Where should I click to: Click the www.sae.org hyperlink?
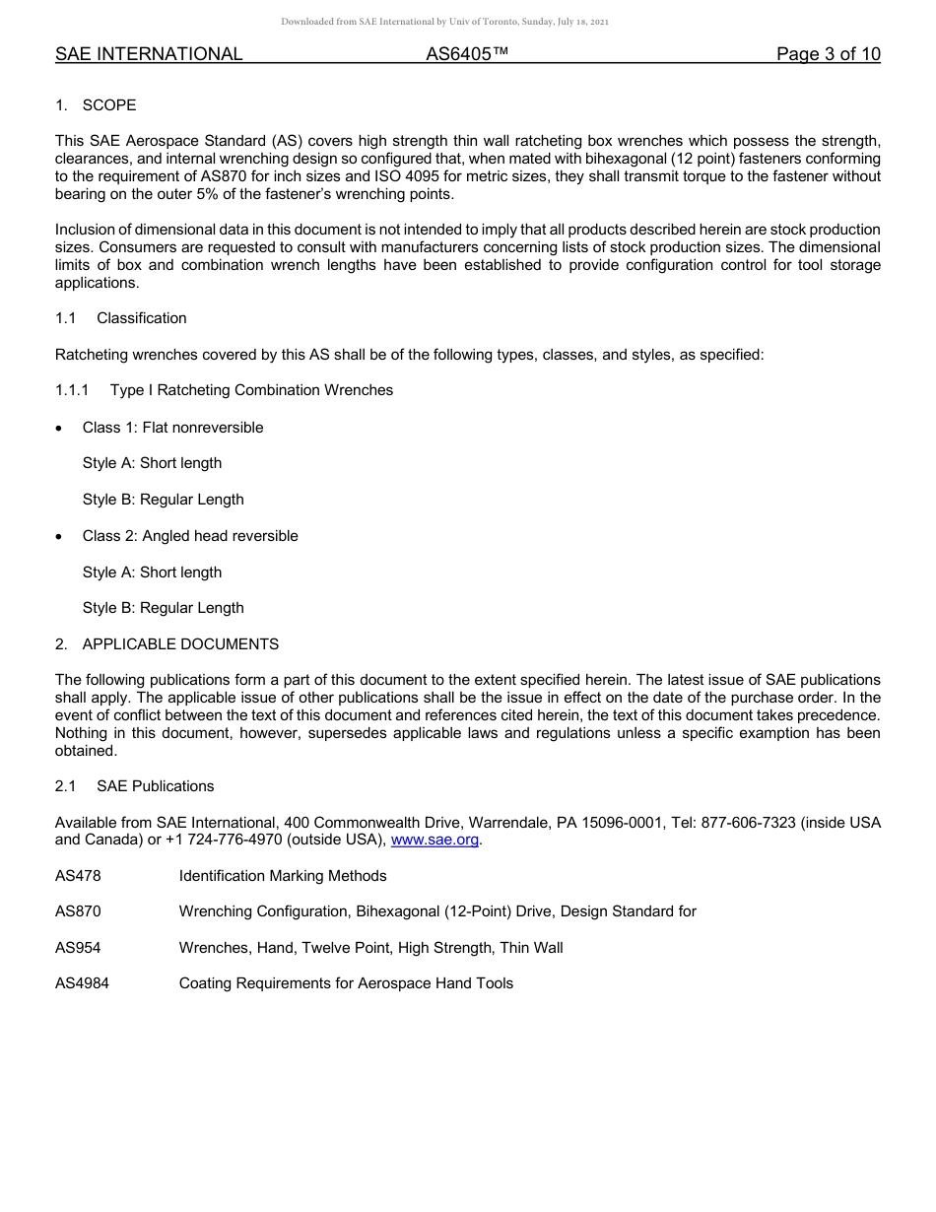pyautogui.click(x=435, y=840)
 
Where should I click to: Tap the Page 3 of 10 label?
pyautogui.click(x=828, y=54)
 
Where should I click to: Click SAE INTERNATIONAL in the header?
pyautogui.click(x=149, y=54)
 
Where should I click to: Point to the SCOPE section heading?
pyautogui.click(x=108, y=105)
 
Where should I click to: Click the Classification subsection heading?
pyautogui.click(x=141, y=318)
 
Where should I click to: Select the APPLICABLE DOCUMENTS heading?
pyautogui.click(x=180, y=644)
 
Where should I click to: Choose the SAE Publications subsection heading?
pyautogui.click(x=155, y=786)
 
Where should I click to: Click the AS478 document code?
pyautogui.click(x=78, y=876)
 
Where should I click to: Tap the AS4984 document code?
pyautogui.click(x=82, y=983)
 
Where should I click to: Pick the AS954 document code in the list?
pyautogui.click(x=78, y=948)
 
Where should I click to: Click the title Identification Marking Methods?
pyautogui.click(x=283, y=876)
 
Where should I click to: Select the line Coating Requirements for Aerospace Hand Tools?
pyautogui.click(x=346, y=983)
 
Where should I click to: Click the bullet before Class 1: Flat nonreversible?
pyautogui.click(x=61, y=429)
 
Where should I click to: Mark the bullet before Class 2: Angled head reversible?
pyautogui.click(x=61, y=537)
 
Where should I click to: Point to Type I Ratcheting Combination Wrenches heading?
pyautogui.click(x=251, y=390)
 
